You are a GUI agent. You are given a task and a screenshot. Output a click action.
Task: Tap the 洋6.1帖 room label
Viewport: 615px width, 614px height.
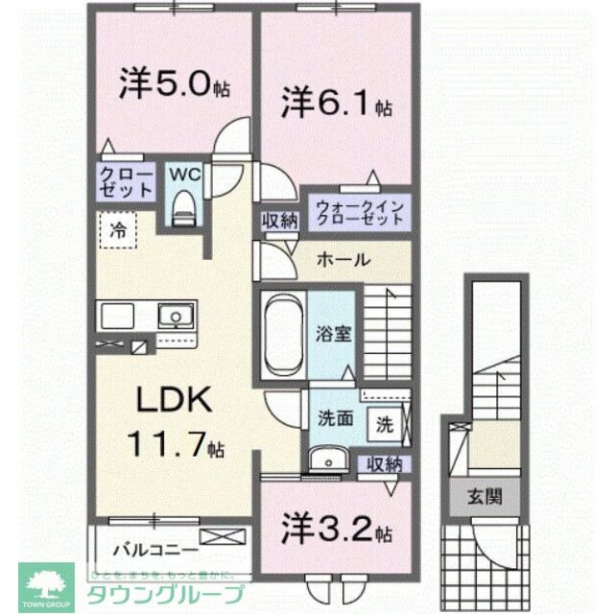335,101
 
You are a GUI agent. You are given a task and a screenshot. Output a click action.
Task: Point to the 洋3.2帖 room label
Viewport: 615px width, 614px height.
335,529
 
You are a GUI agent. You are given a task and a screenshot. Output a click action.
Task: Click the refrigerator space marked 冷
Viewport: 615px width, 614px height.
117,230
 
